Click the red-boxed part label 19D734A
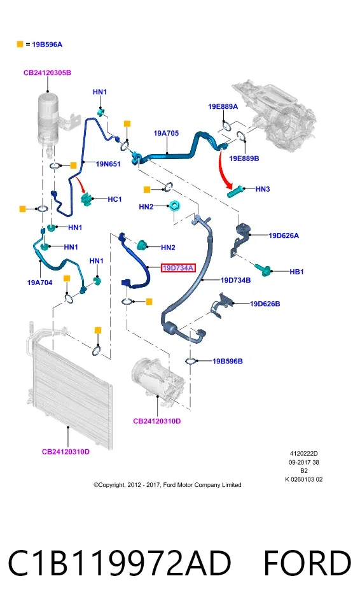pyautogui.click(x=177, y=268)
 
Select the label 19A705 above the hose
pyautogui.click(x=166, y=133)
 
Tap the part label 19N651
pyautogui.click(x=108, y=164)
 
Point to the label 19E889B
pyautogui.click(x=244, y=158)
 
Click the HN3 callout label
pyautogui.click(x=263, y=189)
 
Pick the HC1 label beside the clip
pyautogui.click(x=114, y=199)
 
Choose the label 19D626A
pyautogui.click(x=284, y=235)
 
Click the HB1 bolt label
pyautogui.click(x=296, y=272)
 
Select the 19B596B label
pyautogui.click(x=228, y=362)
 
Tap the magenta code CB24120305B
pyautogui.click(x=47, y=73)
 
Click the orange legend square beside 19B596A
pyautogui.click(x=20, y=45)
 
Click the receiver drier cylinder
pyautogui.click(x=50, y=119)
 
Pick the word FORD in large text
pyautogui.click(x=307, y=563)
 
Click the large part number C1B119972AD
pyautogui.click(x=119, y=563)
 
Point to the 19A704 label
pyautogui.click(x=39, y=283)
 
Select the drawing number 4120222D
pyautogui.click(x=303, y=454)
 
